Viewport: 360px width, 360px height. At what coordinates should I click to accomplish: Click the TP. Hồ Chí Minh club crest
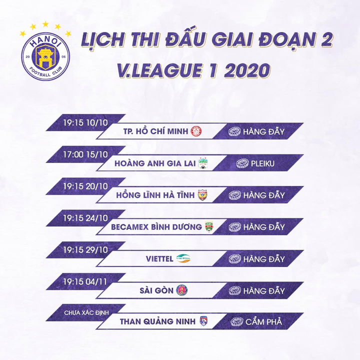coord(196,131)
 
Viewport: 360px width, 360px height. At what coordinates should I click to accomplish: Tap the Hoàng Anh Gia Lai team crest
coord(202,163)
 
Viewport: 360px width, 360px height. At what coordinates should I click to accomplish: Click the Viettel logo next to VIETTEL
coord(183,258)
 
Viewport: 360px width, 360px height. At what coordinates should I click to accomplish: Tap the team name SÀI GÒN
coord(156,290)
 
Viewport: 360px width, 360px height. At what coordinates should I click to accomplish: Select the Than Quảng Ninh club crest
coord(204,321)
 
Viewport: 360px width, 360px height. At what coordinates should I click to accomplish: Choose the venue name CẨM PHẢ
coord(263,321)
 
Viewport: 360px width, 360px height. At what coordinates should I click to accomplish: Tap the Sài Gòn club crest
coord(181,290)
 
